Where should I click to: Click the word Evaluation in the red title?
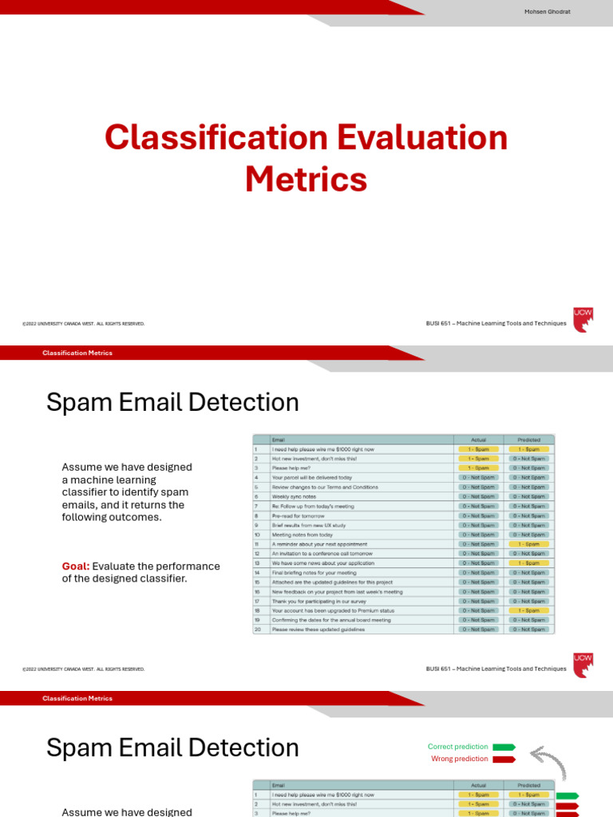tap(421, 138)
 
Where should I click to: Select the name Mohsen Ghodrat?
tap(547, 11)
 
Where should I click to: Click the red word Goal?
tap(76, 566)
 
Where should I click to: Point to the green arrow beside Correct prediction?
tap(504, 748)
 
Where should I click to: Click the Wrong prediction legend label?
tap(459, 759)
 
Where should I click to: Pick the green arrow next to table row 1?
tap(567, 795)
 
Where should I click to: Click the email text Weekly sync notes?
tap(295, 496)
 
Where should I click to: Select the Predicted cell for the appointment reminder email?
tap(528, 544)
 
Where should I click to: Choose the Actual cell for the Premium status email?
tap(478, 610)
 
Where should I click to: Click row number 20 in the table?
tap(258, 630)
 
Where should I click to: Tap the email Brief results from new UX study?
tap(308, 525)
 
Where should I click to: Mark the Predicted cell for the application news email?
tap(528, 563)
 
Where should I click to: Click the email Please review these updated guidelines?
tap(318, 630)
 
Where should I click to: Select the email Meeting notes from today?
tap(302, 535)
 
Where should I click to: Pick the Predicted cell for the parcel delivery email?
tap(528, 477)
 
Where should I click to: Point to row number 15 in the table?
tap(258, 582)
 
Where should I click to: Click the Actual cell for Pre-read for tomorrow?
tap(478, 515)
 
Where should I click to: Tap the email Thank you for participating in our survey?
tap(318, 601)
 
